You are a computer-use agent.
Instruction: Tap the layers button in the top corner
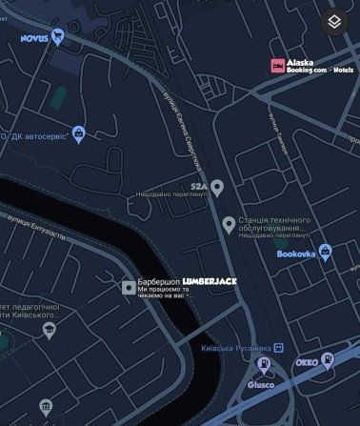point(334,22)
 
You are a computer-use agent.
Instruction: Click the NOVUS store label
point(34,39)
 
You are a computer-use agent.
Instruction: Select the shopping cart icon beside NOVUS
point(58,37)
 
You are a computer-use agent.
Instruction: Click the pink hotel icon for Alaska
point(277,66)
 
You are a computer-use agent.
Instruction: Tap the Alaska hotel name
point(300,62)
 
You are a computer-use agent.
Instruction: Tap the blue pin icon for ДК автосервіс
point(78,133)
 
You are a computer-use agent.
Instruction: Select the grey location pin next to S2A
point(217,187)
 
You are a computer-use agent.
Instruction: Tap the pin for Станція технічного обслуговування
point(228,224)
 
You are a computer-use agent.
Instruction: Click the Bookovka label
point(295,254)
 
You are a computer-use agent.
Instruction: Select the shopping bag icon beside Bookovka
point(326,253)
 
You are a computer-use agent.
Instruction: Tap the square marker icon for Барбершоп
point(129,287)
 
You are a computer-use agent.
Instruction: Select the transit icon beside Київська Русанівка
point(265,364)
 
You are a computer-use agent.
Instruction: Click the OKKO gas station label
point(307,363)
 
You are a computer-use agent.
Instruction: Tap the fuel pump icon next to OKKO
point(329,360)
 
